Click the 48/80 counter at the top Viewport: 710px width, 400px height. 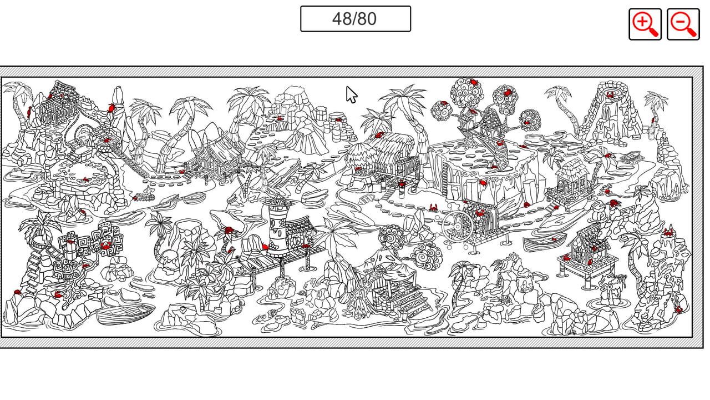355,19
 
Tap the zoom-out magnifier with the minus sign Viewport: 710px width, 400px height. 682,24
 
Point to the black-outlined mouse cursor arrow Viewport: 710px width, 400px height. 351,94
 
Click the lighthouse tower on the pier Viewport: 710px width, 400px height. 276,228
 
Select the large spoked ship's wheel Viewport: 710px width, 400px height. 458,225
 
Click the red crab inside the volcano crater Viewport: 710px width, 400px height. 610,95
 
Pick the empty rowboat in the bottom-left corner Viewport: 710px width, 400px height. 125,315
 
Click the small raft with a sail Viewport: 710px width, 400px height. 145,196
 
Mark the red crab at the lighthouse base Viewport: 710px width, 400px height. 265,247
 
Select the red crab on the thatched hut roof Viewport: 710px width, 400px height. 379,135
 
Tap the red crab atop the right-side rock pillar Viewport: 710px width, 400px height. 669,232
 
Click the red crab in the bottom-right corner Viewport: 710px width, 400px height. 677,309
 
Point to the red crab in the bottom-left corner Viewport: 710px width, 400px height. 17,292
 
